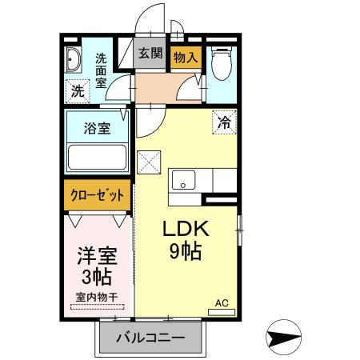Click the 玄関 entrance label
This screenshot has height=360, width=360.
click(150, 54)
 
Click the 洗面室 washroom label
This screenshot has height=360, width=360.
click(102, 70)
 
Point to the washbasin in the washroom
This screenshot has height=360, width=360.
click(73, 61)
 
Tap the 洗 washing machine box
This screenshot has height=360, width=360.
click(77, 91)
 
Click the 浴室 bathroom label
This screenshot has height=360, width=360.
click(98, 128)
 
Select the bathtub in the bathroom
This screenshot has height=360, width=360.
click(98, 157)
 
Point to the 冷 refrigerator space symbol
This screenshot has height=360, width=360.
click(224, 122)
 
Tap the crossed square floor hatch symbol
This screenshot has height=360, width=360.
click(150, 163)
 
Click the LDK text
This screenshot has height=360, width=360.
click(186, 229)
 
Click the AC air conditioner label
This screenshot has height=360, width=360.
click(222, 304)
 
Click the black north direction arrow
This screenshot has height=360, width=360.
click(283, 338)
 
